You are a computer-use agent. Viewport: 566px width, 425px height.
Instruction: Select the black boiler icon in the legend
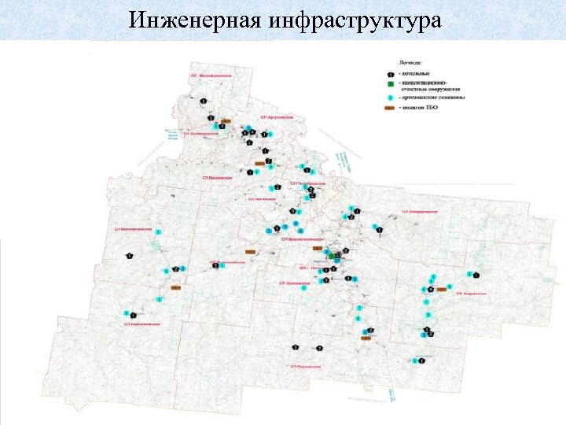(x=391, y=73)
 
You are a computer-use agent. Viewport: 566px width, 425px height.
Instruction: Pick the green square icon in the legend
(x=391, y=83)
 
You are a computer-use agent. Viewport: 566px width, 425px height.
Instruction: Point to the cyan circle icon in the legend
(x=391, y=98)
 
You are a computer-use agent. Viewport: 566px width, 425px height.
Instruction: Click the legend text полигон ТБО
(x=421, y=108)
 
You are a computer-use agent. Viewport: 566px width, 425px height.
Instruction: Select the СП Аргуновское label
(x=281, y=116)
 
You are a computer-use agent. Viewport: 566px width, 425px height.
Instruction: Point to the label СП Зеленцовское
(x=200, y=134)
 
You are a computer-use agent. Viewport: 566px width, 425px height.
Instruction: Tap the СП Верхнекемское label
(x=132, y=227)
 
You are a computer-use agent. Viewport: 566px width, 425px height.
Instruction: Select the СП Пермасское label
(x=304, y=366)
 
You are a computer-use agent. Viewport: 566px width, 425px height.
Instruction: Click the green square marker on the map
(x=336, y=256)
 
